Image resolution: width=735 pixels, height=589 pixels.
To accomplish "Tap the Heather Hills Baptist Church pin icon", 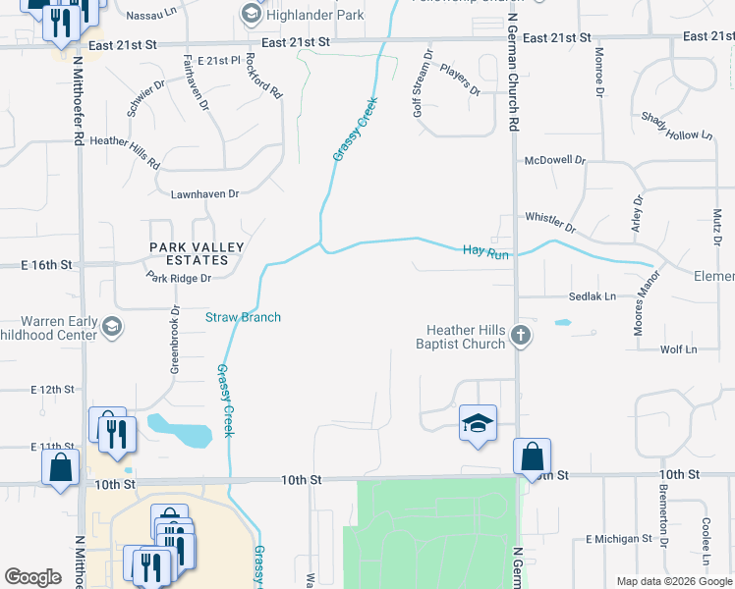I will coord(522,337).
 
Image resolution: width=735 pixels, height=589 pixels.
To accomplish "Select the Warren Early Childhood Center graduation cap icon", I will coord(113,327).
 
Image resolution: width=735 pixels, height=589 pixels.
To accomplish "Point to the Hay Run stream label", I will coord(485,252).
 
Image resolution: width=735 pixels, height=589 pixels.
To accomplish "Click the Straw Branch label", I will coord(243,317).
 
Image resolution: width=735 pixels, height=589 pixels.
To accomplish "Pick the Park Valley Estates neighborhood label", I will coord(189,253).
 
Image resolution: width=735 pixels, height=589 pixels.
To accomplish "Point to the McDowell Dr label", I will coord(555,159).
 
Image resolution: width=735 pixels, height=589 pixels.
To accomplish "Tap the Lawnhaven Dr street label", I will coord(205,194).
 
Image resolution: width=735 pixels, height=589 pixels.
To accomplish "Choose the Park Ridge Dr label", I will coord(179,279).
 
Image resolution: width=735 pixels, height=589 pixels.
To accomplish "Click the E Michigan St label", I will coord(619,539).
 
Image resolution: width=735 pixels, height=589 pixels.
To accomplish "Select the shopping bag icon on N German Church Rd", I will coord(532,456).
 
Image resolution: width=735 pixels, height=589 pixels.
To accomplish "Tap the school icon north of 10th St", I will coord(478,423).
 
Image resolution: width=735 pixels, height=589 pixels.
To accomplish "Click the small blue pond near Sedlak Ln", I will coord(563,322).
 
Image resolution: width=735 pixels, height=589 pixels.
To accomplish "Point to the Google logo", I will coord(32,577).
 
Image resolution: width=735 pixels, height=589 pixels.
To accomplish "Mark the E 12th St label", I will coord(52,390).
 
